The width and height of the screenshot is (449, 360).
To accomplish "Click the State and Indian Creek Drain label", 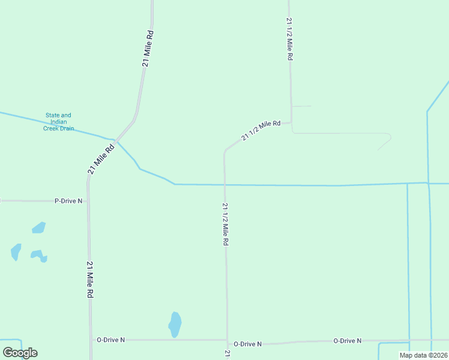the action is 58,122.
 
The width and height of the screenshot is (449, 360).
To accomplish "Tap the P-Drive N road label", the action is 68,201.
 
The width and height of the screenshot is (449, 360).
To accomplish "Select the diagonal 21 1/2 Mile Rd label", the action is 261,131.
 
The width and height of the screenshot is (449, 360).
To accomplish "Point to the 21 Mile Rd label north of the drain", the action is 149,47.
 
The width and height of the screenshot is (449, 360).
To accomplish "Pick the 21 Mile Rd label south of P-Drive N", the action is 90,280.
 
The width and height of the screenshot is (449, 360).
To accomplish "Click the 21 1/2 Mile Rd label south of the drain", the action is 226,224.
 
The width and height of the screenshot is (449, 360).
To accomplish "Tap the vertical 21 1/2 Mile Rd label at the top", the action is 290,38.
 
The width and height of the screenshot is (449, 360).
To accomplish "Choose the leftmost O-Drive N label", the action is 111,340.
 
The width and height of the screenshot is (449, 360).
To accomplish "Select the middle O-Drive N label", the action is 247,344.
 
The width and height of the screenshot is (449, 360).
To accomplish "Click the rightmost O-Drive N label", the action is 348,341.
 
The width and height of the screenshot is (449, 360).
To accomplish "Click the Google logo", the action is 20,353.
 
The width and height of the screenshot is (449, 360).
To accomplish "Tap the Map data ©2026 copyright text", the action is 423,355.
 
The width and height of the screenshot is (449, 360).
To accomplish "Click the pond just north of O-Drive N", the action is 175,325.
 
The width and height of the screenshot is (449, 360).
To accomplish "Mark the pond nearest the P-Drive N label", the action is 38,227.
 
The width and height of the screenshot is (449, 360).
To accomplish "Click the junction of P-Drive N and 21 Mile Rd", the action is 88,201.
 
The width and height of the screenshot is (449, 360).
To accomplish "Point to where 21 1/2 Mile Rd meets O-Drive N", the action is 227,340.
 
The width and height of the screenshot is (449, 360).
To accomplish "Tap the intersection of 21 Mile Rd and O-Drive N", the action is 91,340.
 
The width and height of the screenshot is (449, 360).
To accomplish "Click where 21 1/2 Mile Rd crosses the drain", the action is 225,185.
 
